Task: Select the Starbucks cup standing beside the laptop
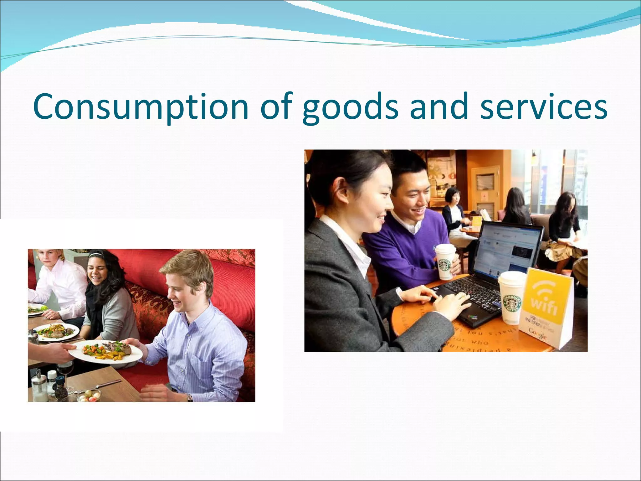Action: click(x=511, y=297)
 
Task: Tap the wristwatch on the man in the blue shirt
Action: click(x=190, y=397)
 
